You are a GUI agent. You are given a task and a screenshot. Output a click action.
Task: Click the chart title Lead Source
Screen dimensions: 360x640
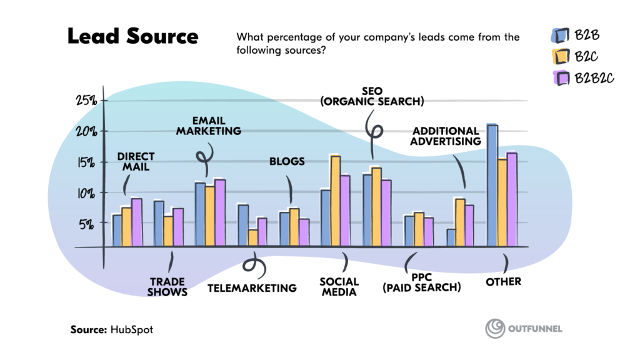coord(132,36)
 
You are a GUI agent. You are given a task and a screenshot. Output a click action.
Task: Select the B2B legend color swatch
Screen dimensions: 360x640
coord(559,35)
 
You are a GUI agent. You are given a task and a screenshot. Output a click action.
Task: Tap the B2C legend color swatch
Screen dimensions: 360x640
coord(559,57)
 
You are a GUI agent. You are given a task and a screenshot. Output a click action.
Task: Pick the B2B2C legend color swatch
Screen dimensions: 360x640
coord(559,78)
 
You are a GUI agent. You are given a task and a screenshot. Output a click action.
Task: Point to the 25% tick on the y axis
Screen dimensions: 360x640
coord(87,101)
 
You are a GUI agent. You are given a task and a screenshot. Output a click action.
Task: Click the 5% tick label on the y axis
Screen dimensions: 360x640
coord(88,224)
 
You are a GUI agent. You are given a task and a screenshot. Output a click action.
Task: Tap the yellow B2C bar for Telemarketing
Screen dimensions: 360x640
coord(252,238)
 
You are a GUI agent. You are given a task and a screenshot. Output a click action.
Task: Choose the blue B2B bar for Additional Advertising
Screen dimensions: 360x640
coord(451,238)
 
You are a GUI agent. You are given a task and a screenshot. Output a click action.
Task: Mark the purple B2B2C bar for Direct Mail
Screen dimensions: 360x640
coord(137,222)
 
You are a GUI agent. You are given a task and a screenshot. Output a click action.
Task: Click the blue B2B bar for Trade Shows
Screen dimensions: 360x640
coord(159,223)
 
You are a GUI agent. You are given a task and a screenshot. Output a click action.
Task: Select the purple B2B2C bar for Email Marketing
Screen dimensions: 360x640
coord(220,213)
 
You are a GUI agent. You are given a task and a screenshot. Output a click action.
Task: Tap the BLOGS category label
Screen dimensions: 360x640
coord(287,161)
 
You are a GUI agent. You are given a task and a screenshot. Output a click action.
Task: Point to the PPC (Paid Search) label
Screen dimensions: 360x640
coord(422,282)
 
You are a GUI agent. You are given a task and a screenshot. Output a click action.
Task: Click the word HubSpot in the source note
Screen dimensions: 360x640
coord(132,329)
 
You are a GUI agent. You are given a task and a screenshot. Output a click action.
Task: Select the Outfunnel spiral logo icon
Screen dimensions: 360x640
coord(496,329)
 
